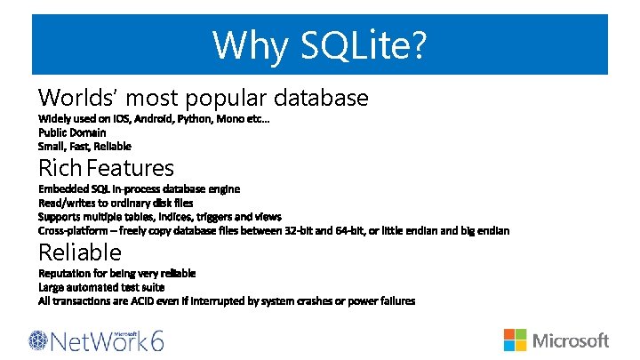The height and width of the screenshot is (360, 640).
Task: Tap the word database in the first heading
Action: pyautogui.click(x=323, y=97)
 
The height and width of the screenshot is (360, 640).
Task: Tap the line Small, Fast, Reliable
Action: pyautogui.click(x=84, y=146)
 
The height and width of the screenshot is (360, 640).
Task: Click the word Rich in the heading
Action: pyautogui.click(x=60, y=167)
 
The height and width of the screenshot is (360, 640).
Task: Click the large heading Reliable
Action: pyautogui.click(x=79, y=252)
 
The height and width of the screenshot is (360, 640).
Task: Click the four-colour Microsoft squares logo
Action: pyautogui.click(x=516, y=340)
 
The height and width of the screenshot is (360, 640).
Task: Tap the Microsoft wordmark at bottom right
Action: pyautogui.click(x=570, y=340)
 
